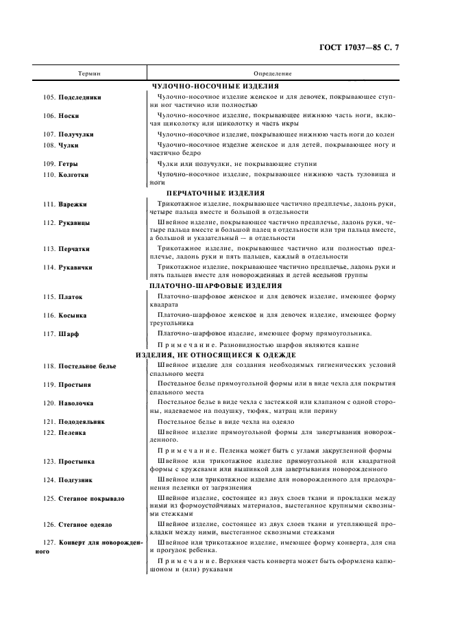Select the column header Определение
(273, 73)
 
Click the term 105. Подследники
(71, 97)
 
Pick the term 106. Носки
(60, 116)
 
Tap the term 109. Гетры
(60, 165)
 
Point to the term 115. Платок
(63, 297)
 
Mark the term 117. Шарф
(60, 333)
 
